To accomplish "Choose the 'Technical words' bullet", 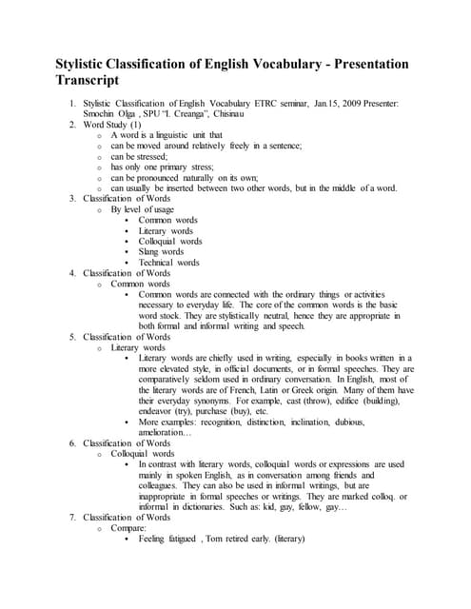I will (169, 263).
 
